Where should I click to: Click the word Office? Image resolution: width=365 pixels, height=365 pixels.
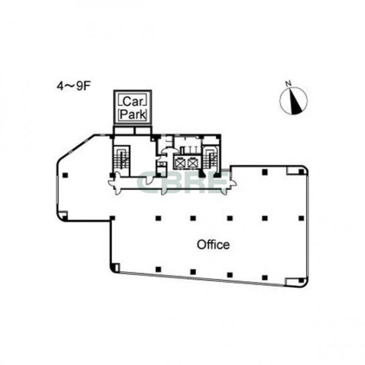(x=213, y=245)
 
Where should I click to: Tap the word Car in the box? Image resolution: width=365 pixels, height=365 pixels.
(x=132, y=102)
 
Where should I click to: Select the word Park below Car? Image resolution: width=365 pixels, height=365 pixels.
(x=134, y=114)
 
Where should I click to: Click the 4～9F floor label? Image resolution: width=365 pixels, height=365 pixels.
(x=74, y=87)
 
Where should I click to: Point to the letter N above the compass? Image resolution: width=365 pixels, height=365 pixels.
(x=289, y=83)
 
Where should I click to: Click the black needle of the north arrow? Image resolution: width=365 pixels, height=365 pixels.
(x=295, y=102)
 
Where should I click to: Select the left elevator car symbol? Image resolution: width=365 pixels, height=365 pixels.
(x=180, y=163)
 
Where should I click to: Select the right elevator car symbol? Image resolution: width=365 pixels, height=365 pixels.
(x=193, y=163)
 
